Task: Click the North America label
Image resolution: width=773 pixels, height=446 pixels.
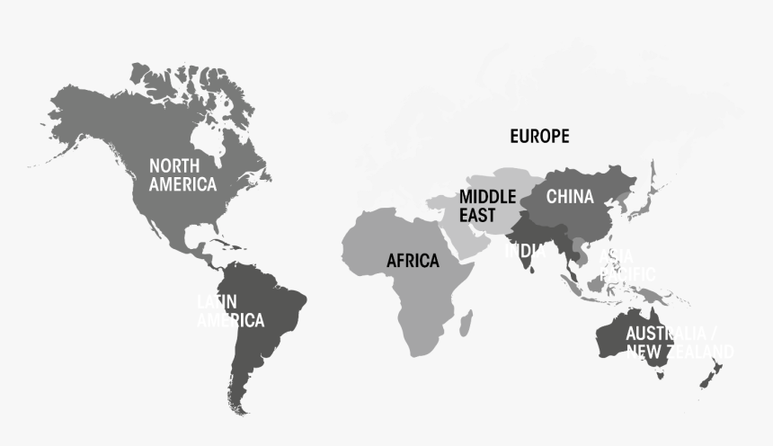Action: [x=182, y=174]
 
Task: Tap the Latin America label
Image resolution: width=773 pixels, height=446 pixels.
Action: [x=230, y=310]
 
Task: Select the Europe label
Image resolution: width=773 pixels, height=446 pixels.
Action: [x=539, y=137]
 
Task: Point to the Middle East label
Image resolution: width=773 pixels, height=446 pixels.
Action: [x=487, y=206]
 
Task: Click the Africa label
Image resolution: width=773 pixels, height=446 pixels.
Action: [x=413, y=261]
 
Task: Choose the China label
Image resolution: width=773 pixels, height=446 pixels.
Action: [x=570, y=196]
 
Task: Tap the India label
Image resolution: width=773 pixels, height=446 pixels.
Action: [x=524, y=251]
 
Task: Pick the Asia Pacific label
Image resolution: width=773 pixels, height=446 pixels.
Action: [x=626, y=263]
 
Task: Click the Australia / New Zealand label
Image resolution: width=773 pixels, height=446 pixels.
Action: [x=679, y=343]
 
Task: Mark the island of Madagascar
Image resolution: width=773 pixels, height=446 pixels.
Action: [x=466, y=321]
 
